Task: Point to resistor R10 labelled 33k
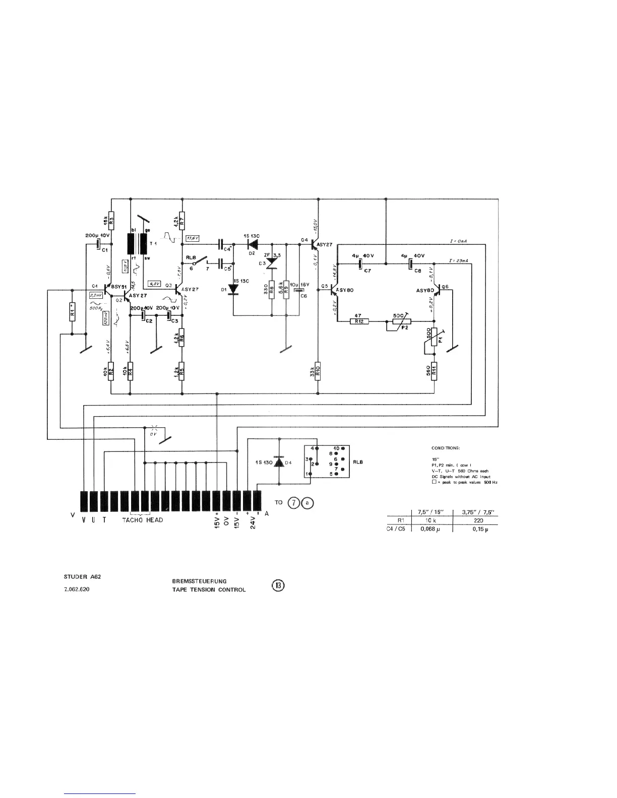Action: click(x=318, y=371)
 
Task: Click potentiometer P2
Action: click(x=401, y=321)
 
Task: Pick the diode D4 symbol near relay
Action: click(x=277, y=462)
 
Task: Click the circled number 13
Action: click(x=278, y=585)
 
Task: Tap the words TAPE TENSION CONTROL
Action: click(x=209, y=590)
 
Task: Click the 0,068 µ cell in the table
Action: click(x=431, y=529)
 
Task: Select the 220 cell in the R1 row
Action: click(x=478, y=521)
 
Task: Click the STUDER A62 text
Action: click(x=79, y=576)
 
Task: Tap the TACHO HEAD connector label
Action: click(x=143, y=519)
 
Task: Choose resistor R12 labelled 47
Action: click(x=359, y=321)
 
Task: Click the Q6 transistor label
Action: click(x=445, y=286)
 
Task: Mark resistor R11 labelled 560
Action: click(x=434, y=371)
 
